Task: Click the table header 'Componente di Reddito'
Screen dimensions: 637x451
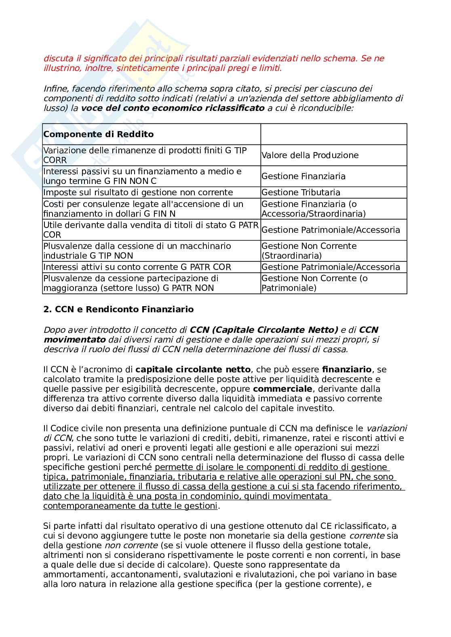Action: (98, 134)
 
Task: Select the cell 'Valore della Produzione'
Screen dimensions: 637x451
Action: (310, 155)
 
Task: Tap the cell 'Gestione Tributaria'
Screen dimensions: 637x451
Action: (301, 192)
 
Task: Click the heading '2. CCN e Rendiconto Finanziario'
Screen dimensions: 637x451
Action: (118, 309)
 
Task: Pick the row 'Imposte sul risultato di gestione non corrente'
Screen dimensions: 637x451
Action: (138, 192)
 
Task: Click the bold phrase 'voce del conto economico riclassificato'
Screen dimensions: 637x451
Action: (173, 108)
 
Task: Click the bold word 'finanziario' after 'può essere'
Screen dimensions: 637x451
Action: (346, 370)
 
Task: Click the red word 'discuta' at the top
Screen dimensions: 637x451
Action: (57, 58)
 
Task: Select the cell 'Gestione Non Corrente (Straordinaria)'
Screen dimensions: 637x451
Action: (309, 251)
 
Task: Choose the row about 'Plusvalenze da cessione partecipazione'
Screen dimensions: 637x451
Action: (131, 283)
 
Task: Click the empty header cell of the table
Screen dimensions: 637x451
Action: (333, 134)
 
